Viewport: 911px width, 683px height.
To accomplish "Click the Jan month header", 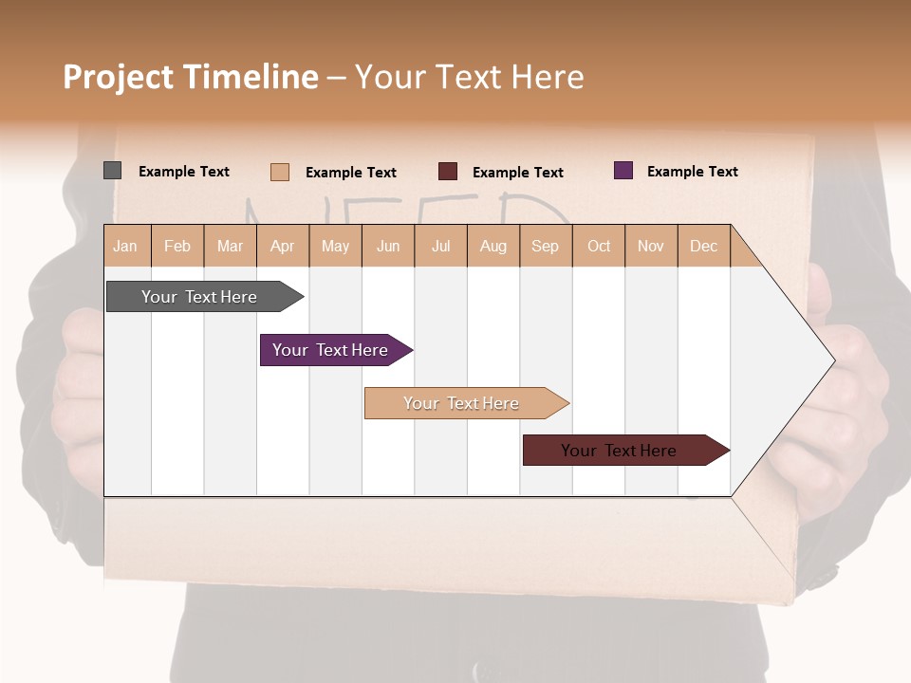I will (x=125, y=246).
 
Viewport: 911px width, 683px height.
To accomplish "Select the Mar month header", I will (x=230, y=246).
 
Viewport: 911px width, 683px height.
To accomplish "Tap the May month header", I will (x=335, y=246).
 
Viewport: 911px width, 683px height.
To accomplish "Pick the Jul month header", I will (x=440, y=246).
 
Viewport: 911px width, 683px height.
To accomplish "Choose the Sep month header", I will (x=545, y=246).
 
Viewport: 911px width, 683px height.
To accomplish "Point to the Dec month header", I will (x=703, y=246).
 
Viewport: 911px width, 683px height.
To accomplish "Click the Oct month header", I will (x=599, y=246).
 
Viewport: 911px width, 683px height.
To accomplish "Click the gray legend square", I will (x=113, y=171).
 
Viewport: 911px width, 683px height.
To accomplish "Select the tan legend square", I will (x=280, y=172).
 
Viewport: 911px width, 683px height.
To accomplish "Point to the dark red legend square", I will (x=448, y=172).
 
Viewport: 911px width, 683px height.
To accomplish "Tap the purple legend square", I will (x=623, y=171).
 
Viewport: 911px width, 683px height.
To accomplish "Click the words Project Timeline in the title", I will (x=191, y=77).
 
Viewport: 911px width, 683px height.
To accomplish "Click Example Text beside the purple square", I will (x=692, y=172).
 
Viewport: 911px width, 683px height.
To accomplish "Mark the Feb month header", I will (x=177, y=246).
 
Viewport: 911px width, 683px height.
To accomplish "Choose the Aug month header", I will (x=493, y=246).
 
